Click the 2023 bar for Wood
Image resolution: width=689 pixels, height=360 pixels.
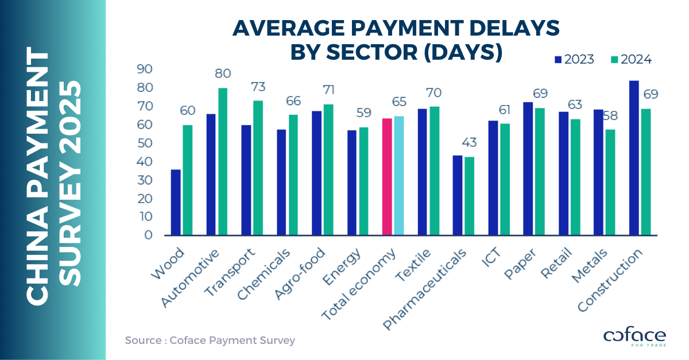click(x=176, y=202)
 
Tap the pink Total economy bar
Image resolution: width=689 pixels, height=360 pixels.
click(x=387, y=177)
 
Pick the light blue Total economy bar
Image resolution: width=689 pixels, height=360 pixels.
click(x=399, y=176)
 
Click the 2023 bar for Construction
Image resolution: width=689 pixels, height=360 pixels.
click(x=634, y=158)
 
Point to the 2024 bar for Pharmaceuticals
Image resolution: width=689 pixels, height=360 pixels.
click(x=469, y=196)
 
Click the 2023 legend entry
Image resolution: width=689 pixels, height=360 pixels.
click(x=574, y=59)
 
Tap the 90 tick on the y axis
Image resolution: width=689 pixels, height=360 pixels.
click(x=144, y=69)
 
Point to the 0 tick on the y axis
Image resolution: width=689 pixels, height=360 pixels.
click(x=148, y=235)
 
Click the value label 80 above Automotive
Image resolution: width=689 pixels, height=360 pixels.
click(x=223, y=74)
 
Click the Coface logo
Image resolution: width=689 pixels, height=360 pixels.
click(x=634, y=336)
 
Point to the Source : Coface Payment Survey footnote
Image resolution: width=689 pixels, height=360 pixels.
click(x=210, y=340)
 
